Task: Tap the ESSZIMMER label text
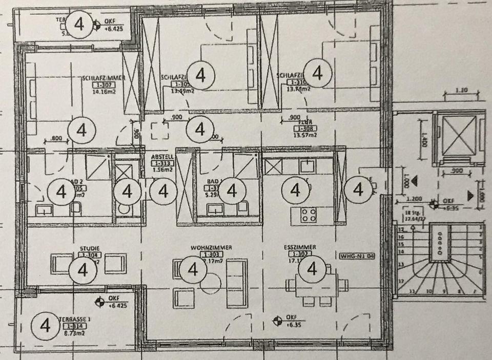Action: click(299, 247)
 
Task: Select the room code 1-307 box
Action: click(102, 85)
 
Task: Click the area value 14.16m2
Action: click(102, 93)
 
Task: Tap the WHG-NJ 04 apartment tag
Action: click(358, 255)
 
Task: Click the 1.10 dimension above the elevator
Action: click(459, 90)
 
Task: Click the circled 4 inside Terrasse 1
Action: click(45, 325)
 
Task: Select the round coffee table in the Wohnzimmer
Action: click(211, 284)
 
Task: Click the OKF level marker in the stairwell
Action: click(434, 204)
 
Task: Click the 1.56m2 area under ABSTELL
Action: click(160, 170)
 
